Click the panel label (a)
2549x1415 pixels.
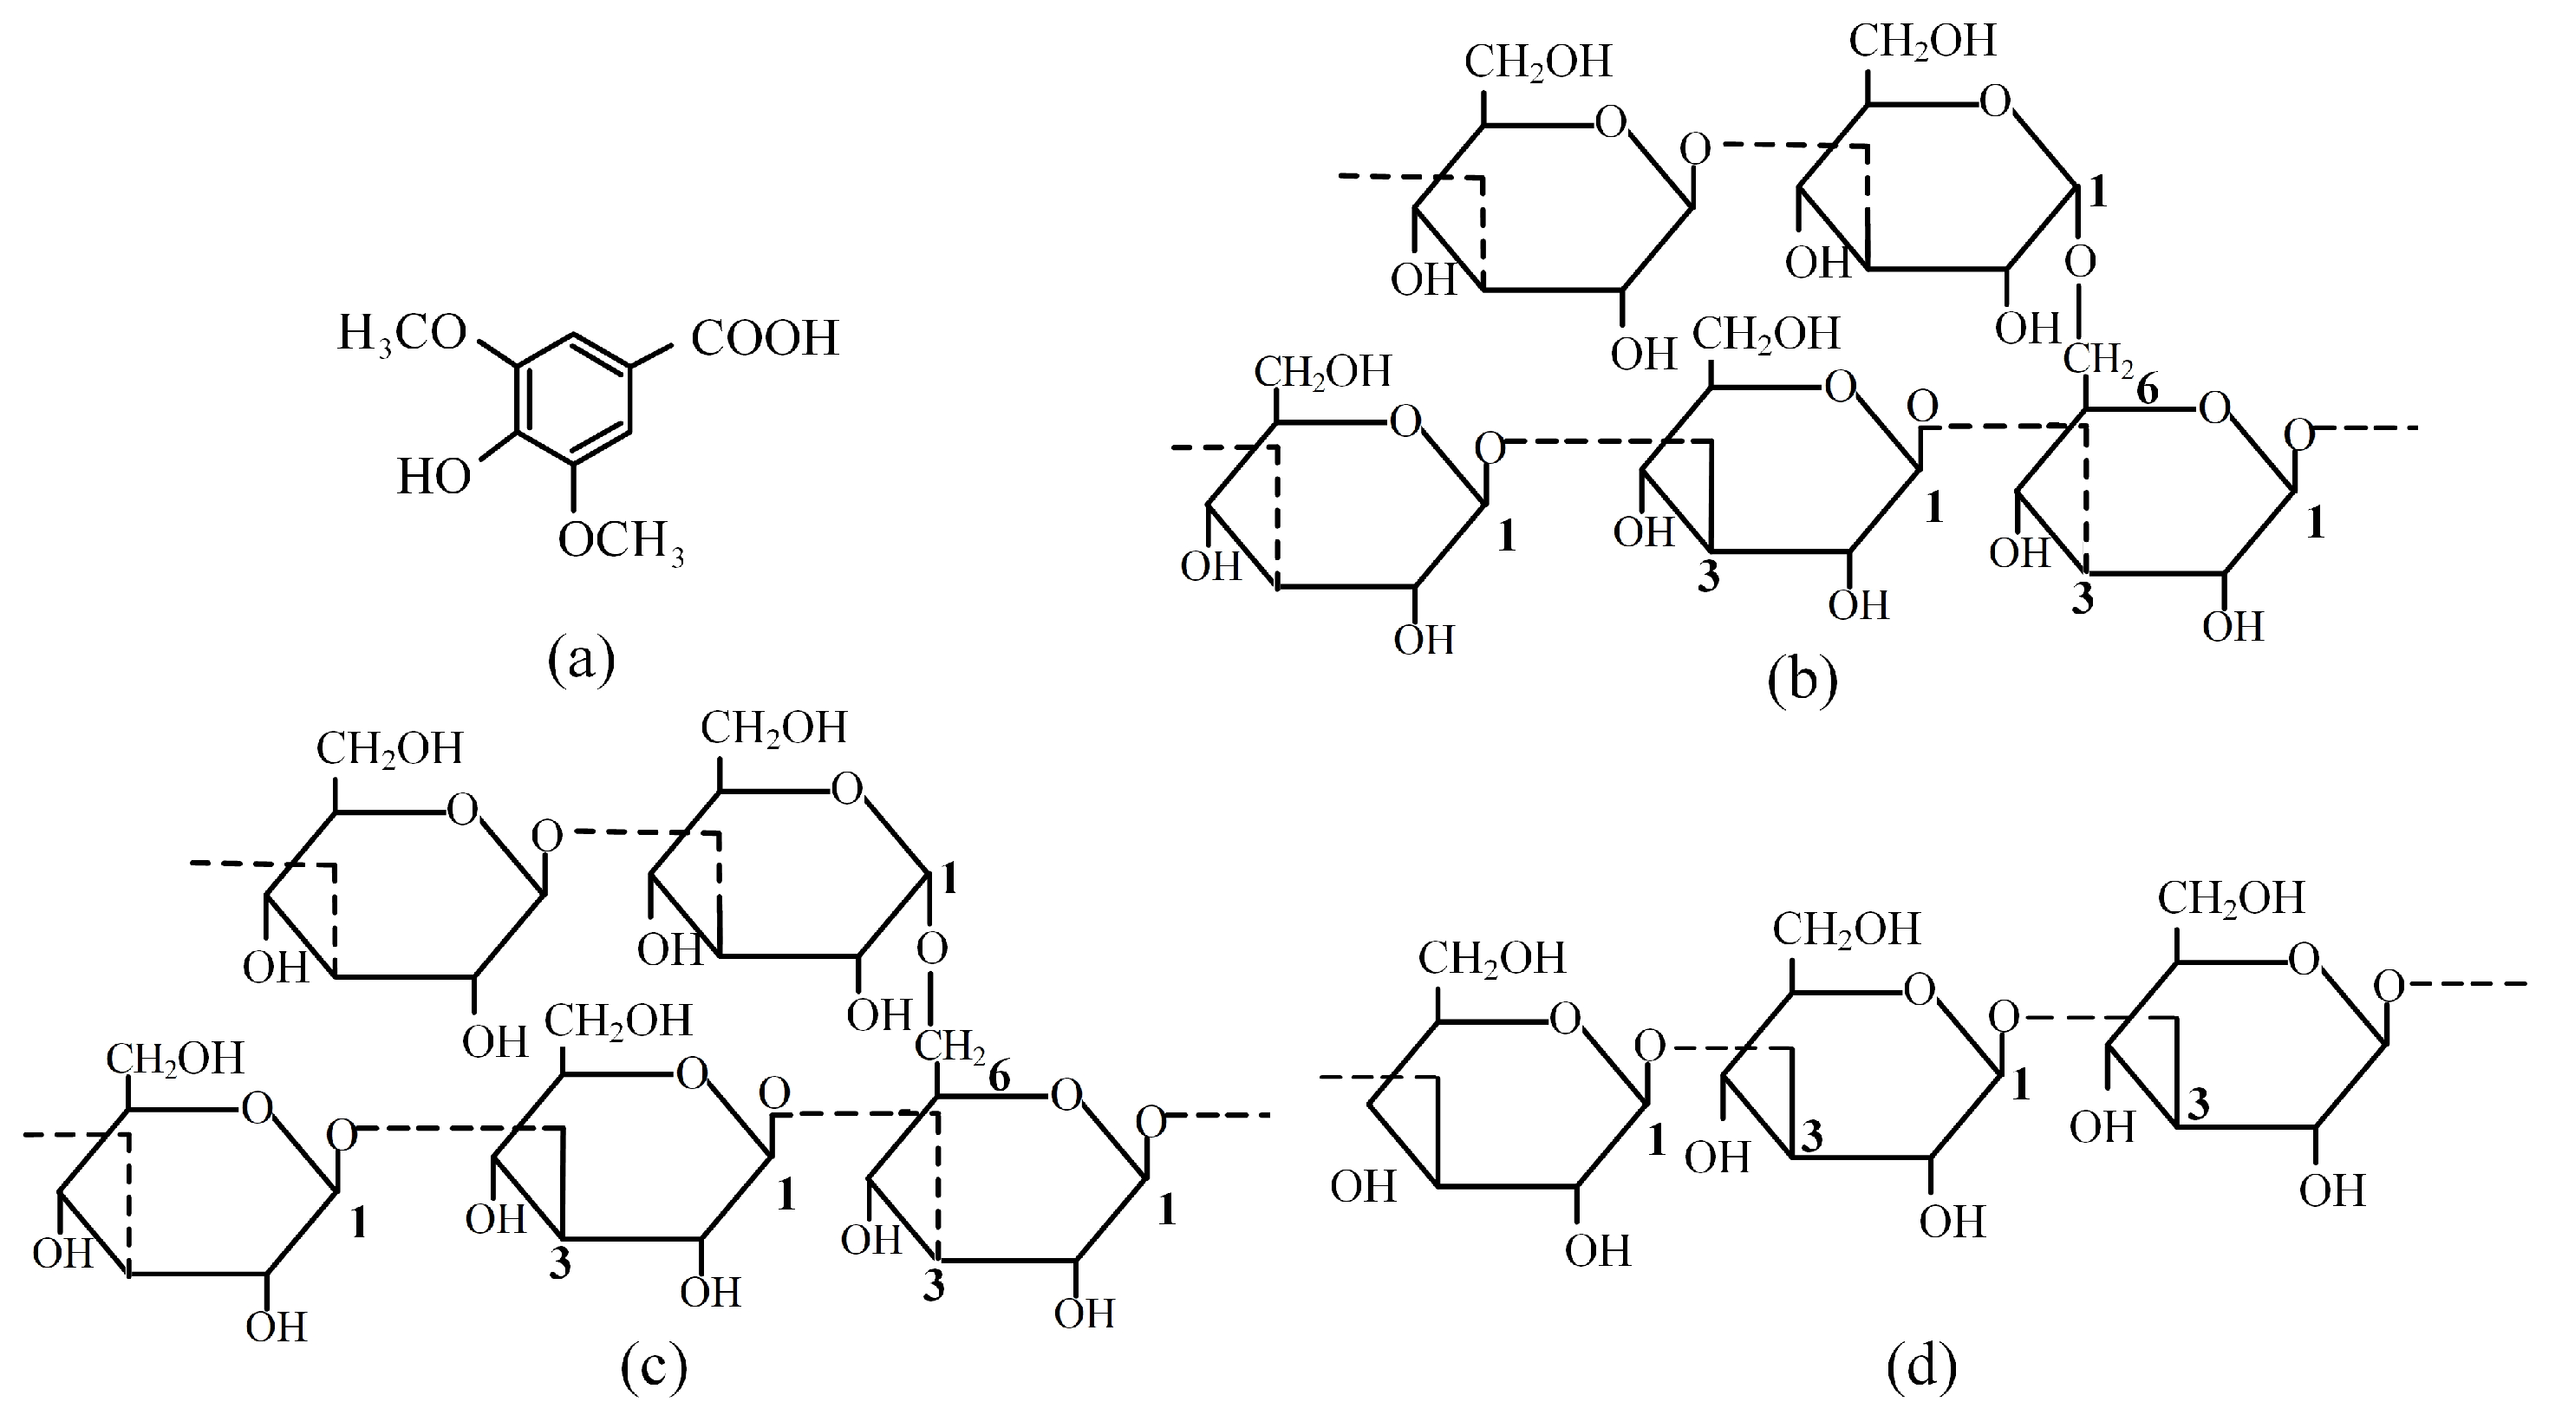coord(582,659)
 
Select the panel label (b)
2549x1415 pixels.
coord(1802,681)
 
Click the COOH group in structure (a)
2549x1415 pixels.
coord(764,338)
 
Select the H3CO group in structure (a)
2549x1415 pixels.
coord(401,334)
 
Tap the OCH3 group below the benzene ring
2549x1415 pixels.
coord(622,541)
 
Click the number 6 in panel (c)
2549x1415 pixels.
coord(1000,1079)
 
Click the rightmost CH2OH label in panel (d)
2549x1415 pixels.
coord(2232,898)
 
